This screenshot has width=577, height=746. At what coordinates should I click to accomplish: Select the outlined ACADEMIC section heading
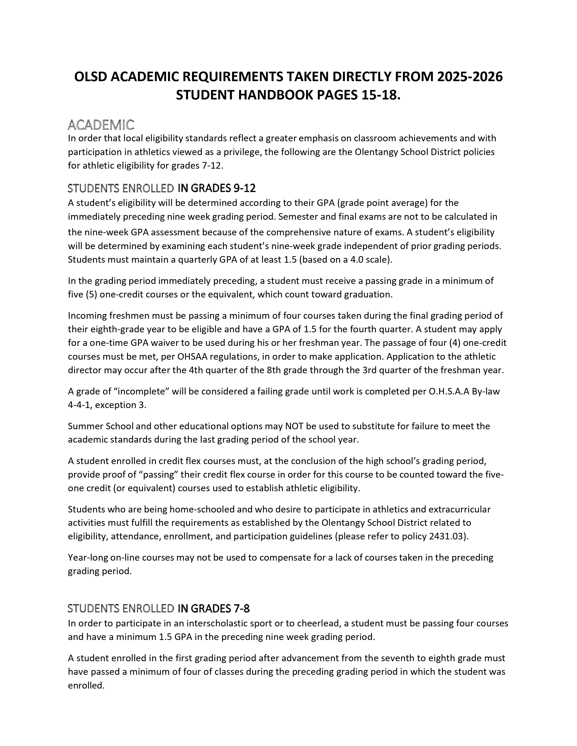pos(101,125)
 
